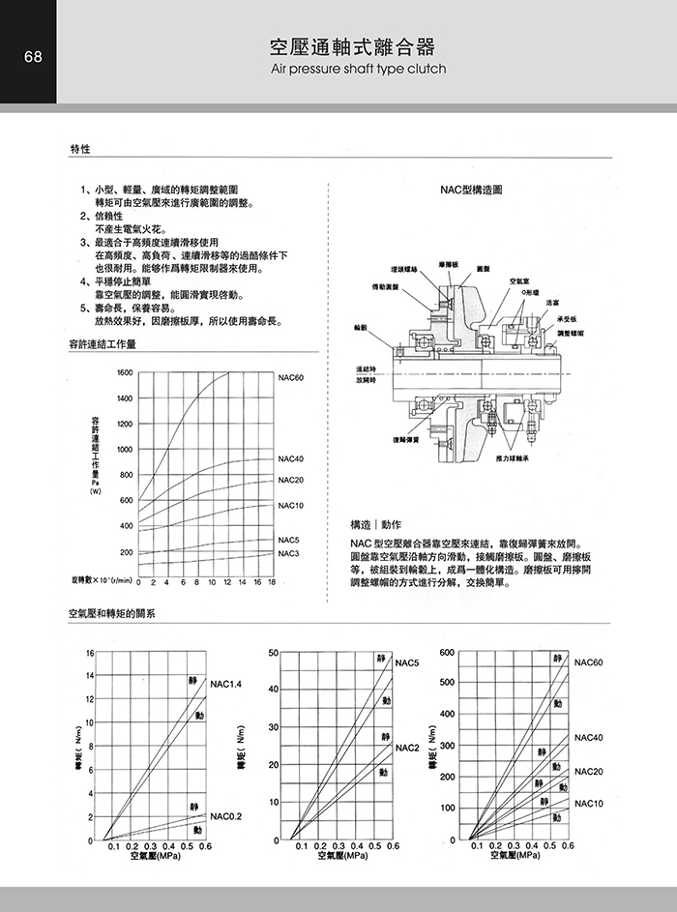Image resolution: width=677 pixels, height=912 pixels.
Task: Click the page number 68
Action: pos(28,56)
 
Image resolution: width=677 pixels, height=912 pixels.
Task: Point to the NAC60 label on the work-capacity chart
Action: pos(291,376)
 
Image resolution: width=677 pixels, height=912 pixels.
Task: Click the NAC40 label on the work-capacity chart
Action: pos(291,458)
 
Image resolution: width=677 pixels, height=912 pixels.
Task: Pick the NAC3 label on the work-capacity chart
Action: pos(289,553)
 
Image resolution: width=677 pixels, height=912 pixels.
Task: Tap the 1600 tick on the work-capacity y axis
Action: pos(125,372)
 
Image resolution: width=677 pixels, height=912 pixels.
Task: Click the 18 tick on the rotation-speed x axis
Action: pos(272,583)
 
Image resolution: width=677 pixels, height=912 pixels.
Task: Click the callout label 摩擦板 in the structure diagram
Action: pos(448,263)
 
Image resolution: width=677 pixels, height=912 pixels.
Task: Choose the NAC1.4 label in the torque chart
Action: pos(225,685)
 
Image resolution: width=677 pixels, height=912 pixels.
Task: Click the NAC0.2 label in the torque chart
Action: pos(225,816)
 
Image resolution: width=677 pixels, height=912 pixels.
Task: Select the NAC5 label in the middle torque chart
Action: pos(406,662)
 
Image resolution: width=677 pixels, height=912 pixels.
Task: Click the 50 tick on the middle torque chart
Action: pos(275,654)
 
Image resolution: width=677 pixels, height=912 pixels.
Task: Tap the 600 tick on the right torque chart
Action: pos(446,653)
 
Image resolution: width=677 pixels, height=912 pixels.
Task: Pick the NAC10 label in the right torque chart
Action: pos(588,804)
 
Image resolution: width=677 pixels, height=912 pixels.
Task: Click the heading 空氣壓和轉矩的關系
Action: pos(112,613)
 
